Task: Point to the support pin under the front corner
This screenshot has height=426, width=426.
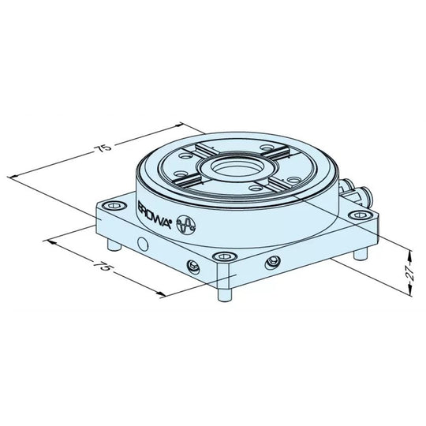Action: pos(223,296)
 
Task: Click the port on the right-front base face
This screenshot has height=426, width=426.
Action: pos(273,262)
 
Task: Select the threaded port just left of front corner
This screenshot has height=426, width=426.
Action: pos(191,263)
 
